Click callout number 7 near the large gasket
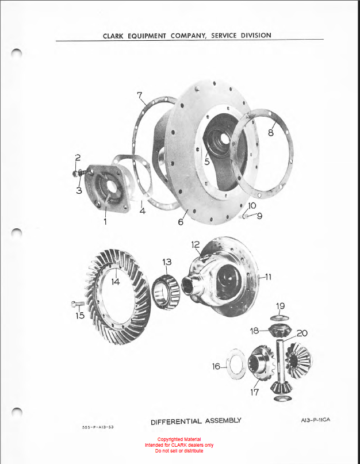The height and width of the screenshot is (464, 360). tap(140, 95)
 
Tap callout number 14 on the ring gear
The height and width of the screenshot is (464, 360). tap(116, 282)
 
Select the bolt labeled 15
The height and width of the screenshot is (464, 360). tap(78, 304)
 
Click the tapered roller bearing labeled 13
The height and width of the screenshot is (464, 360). tap(166, 292)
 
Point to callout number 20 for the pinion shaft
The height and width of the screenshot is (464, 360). tap(302, 333)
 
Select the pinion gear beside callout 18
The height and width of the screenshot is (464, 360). tap(280, 331)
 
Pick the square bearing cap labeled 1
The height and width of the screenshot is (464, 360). tap(107, 188)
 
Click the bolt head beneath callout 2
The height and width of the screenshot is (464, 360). tap(75, 174)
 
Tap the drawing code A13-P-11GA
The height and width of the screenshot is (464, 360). tap(315, 420)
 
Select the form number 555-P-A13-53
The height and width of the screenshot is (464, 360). tap(98, 427)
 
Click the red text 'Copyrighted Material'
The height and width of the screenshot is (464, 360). tap(179, 439)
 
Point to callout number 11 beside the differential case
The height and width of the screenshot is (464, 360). tap(268, 277)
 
